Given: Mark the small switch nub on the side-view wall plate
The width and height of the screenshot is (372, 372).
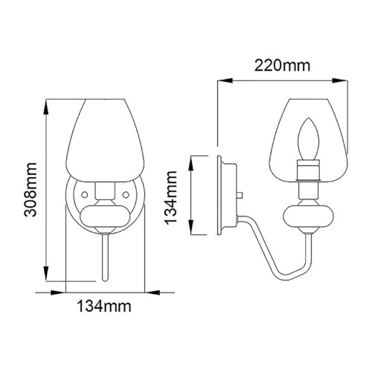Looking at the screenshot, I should (x=241, y=195).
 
